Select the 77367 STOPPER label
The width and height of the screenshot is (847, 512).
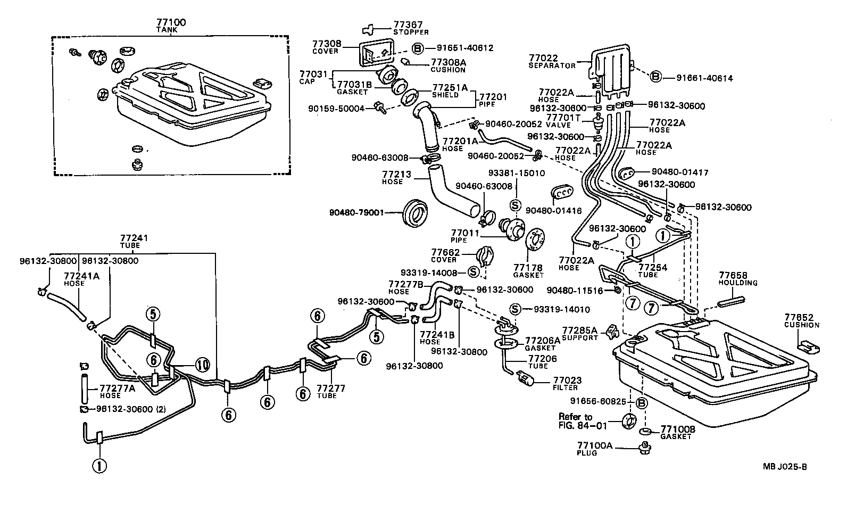(x=411, y=28)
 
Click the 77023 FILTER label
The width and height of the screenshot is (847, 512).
(x=567, y=384)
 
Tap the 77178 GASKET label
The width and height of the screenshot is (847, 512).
(x=528, y=271)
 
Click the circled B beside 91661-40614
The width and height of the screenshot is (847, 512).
(x=655, y=78)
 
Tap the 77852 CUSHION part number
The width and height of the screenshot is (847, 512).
(x=801, y=321)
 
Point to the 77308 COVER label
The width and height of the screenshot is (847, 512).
(x=327, y=47)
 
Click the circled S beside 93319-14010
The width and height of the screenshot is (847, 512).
(x=514, y=309)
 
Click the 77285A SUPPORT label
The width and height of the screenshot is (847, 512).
(x=579, y=333)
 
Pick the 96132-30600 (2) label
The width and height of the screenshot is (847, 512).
(x=124, y=409)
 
